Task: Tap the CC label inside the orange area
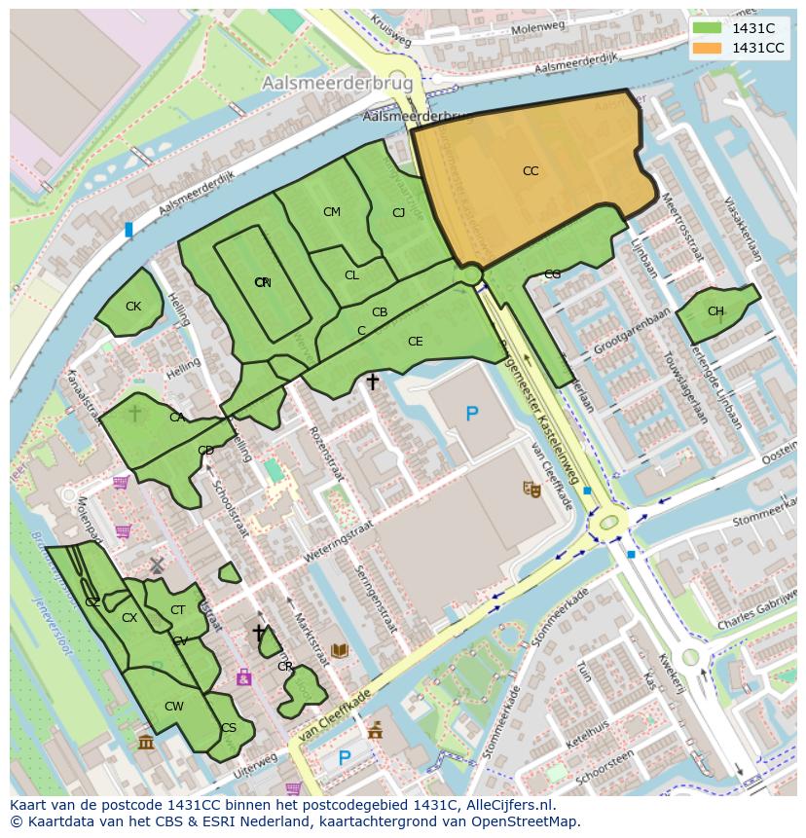coord(530,171)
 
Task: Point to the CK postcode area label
coord(133,307)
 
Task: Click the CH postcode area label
coord(715,311)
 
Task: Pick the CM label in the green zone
coord(332,212)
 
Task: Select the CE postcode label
coord(416,342)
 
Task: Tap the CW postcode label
coord(174,707)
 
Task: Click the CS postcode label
coord(229,728)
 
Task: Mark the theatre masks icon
coord(531,489)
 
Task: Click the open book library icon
coord(340,650)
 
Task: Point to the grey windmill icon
coord(157,565)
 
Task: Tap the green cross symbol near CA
coord(134,414)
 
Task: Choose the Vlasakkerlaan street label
coord(742,230)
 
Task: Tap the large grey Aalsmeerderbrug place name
coord(337,85)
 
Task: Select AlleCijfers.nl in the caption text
coord(506,805)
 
